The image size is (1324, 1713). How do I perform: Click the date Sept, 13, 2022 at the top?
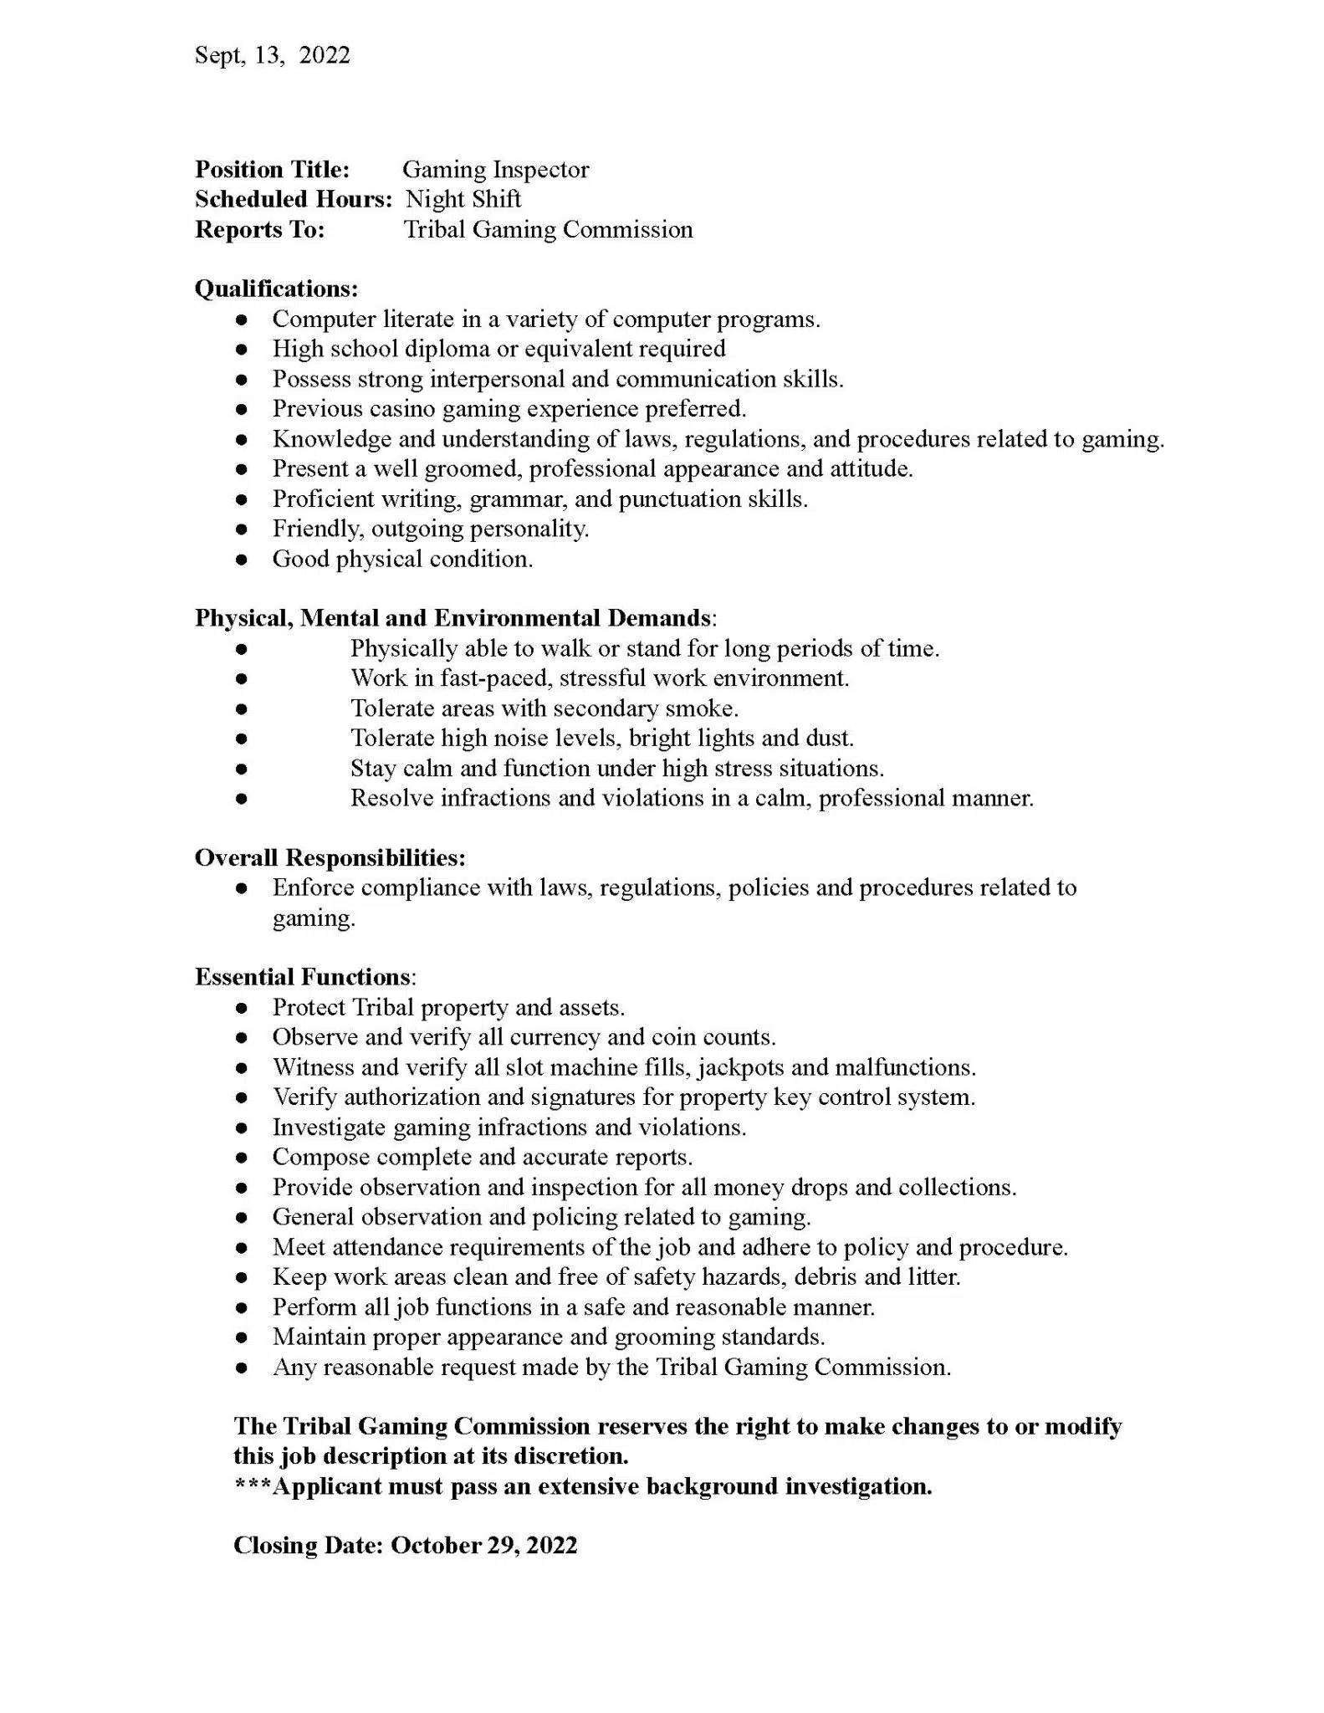coord(272,55)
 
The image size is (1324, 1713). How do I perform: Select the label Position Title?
coord(272,170)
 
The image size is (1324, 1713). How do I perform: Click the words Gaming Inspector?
coord(495,170)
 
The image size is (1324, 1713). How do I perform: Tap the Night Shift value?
coord(463,199)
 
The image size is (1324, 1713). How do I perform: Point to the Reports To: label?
coord(259,229)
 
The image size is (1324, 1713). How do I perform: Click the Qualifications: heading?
coord(276,289)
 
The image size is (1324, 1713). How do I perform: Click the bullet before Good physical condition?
coord(242,560)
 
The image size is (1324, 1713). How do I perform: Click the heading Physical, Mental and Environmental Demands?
coord(453,618)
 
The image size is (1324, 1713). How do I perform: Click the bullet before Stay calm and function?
coord(242,769)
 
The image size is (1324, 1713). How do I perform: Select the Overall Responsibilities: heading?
coord(330,857)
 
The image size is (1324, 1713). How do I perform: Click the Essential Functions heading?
coord(303,977)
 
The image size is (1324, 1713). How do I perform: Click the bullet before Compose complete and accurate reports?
coord(242,1158)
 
